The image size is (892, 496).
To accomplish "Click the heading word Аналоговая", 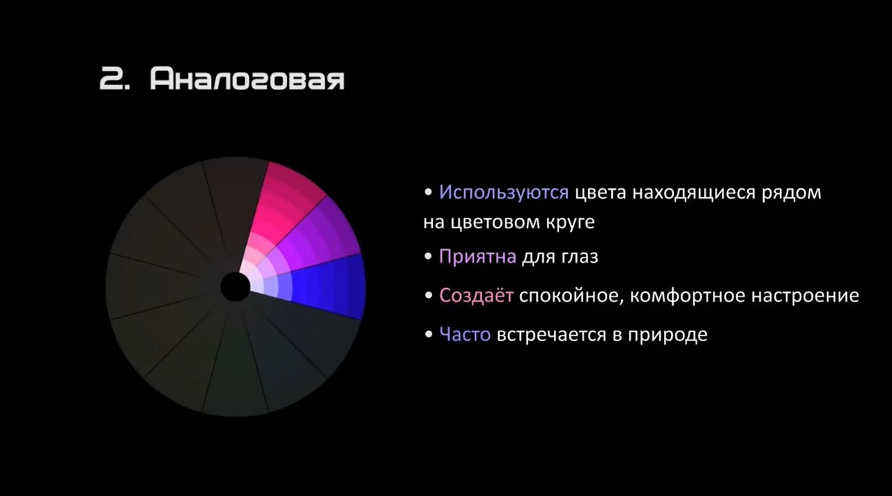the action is click(247, 79).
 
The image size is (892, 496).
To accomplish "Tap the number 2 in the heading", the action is click(112, 79).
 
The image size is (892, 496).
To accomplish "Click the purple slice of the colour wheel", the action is click(314, 239).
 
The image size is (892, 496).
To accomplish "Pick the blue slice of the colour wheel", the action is click(323, 286).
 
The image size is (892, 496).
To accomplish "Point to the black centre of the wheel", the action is click(236, 287).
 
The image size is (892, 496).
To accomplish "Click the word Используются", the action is click(504, 193).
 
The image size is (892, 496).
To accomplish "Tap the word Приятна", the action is click(477, 257).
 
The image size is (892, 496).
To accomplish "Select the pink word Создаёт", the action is click(476, 296).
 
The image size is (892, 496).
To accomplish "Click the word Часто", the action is click(465, 334).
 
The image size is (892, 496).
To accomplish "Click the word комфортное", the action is click(687, 296).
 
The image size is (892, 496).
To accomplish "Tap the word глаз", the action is click(580, 257).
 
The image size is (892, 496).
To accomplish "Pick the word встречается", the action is click(551, 335).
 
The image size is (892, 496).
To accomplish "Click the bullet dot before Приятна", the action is click(428, 255).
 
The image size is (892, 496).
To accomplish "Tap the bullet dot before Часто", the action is click(428, 333).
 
